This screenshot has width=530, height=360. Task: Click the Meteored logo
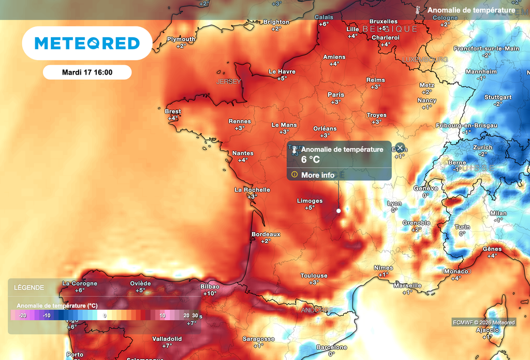(x=87, y=43)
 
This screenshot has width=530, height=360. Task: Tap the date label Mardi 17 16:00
(x=87, y=73)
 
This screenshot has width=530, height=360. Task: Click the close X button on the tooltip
(x=400, y=148)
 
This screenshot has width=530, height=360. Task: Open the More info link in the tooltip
(x=317, y=175)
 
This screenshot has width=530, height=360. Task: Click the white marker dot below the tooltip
(x=338, y=211)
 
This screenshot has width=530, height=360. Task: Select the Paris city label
(x=336, y=95)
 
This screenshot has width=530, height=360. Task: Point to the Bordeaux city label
(x=266, y=234)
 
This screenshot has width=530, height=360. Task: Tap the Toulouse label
(x=314, y=276)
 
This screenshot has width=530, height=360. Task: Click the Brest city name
(x=173, y=111)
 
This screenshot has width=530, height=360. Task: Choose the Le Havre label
(x=282, y=71)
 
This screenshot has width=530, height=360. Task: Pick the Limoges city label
(x=310, y=201)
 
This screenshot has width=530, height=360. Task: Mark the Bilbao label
(x=210, y=286)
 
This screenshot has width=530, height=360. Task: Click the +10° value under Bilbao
(x=210, y=294)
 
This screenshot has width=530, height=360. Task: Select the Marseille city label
(x=407, y=285)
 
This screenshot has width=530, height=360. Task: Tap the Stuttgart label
(x=498, y=97)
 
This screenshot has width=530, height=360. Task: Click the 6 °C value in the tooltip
(x=311, y=160)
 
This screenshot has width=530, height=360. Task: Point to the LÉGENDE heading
(x=28, y=287)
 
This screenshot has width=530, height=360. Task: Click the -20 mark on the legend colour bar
(x=22, y=315)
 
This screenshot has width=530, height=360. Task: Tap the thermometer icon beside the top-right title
(x=417, y=10)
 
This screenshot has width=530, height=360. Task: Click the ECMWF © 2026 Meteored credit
(x=483, y=323)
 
